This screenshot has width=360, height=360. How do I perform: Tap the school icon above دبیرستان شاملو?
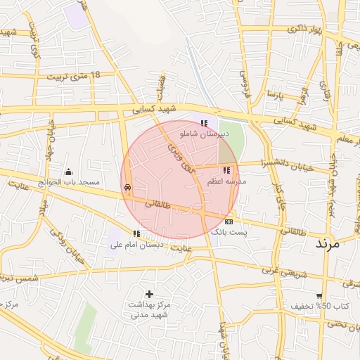tap(204, 123)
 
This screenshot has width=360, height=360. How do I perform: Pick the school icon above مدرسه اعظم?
tap(226, 170)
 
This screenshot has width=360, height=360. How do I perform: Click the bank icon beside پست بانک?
tap(229, 222)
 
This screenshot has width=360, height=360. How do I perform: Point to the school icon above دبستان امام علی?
tap(136, 233)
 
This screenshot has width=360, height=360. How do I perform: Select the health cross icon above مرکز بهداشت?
tap(149, 293)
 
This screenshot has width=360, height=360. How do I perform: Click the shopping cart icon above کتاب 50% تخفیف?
tap(320, 296)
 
